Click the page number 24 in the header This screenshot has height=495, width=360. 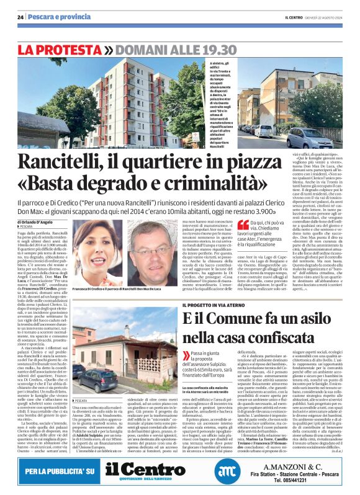click(x=20, y=17)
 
